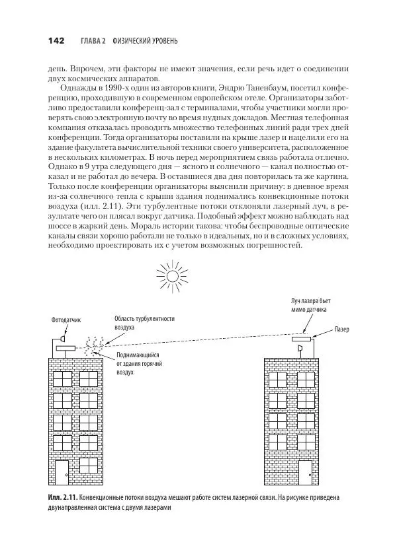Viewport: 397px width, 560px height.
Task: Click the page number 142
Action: [x=55, y=41]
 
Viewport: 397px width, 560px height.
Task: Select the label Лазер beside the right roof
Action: [x=342, y=328]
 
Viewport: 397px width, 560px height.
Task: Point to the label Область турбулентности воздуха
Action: [x=144, y=322]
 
